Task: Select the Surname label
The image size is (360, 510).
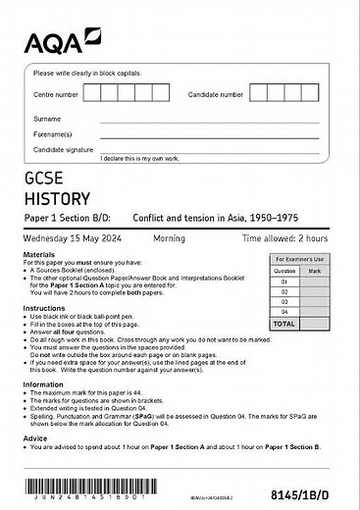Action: pos(47,118)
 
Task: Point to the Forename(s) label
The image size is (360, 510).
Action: pos(53,133)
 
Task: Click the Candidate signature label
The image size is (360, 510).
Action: pos(61,149)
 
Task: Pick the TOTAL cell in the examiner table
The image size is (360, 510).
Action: pos(283,322)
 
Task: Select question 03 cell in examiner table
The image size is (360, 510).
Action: pos(283,301)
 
